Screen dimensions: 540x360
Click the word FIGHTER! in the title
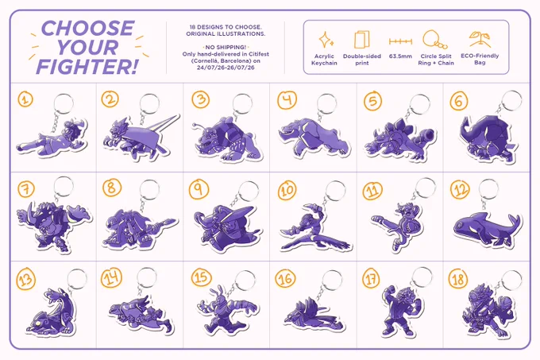tap(87, 67)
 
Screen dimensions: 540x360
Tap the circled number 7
tap(26, 189)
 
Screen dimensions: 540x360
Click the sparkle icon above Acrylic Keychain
tap(326, 40)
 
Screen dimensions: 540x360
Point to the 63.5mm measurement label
tap(400, 56)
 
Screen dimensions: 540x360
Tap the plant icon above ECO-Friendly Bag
tap(480, 39)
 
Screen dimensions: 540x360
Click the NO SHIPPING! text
tap(226, 47)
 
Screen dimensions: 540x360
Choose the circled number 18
tap(458, 279)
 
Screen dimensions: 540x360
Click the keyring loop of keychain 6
tap(511, 101)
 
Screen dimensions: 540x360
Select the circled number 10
tap(287, 190)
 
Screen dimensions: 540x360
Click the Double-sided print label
tap(362, 60)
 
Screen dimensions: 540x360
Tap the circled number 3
tap(201, 100)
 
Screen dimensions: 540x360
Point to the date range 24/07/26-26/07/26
tap(226, 68)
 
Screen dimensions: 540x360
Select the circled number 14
tap(111, 277)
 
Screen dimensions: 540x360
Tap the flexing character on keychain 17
tap(399, 310)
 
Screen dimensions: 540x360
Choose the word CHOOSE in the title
tap(87, 29)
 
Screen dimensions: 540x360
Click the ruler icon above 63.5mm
tap(400, 41)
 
